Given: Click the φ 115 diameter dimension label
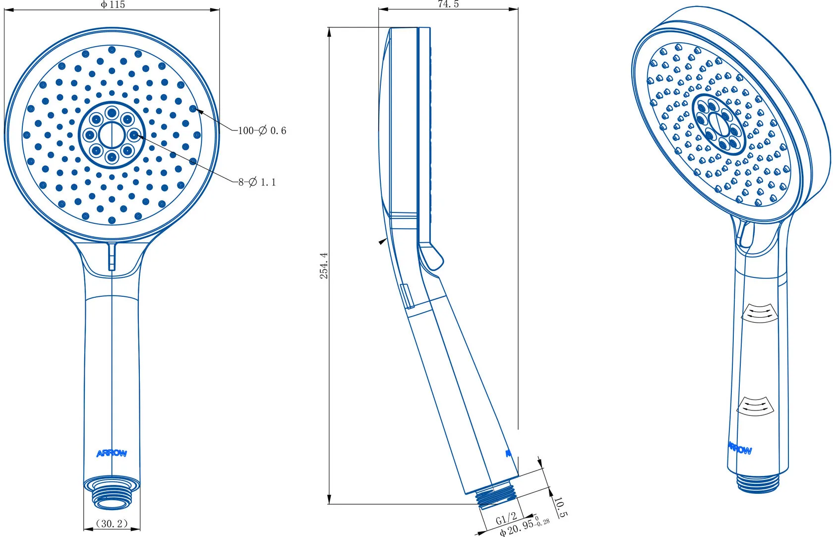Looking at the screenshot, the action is pos(113,4).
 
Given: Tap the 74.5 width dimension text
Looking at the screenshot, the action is pos(448,4).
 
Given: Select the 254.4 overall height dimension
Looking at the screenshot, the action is pos(324,266).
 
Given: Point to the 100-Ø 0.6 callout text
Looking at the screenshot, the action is pos(262,131).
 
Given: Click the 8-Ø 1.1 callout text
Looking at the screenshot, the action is pos(257,182).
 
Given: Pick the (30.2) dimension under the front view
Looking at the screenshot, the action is pos(112,524).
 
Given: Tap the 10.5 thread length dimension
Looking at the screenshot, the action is pos(560,507).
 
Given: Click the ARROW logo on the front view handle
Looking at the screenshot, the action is pos(112,453).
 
